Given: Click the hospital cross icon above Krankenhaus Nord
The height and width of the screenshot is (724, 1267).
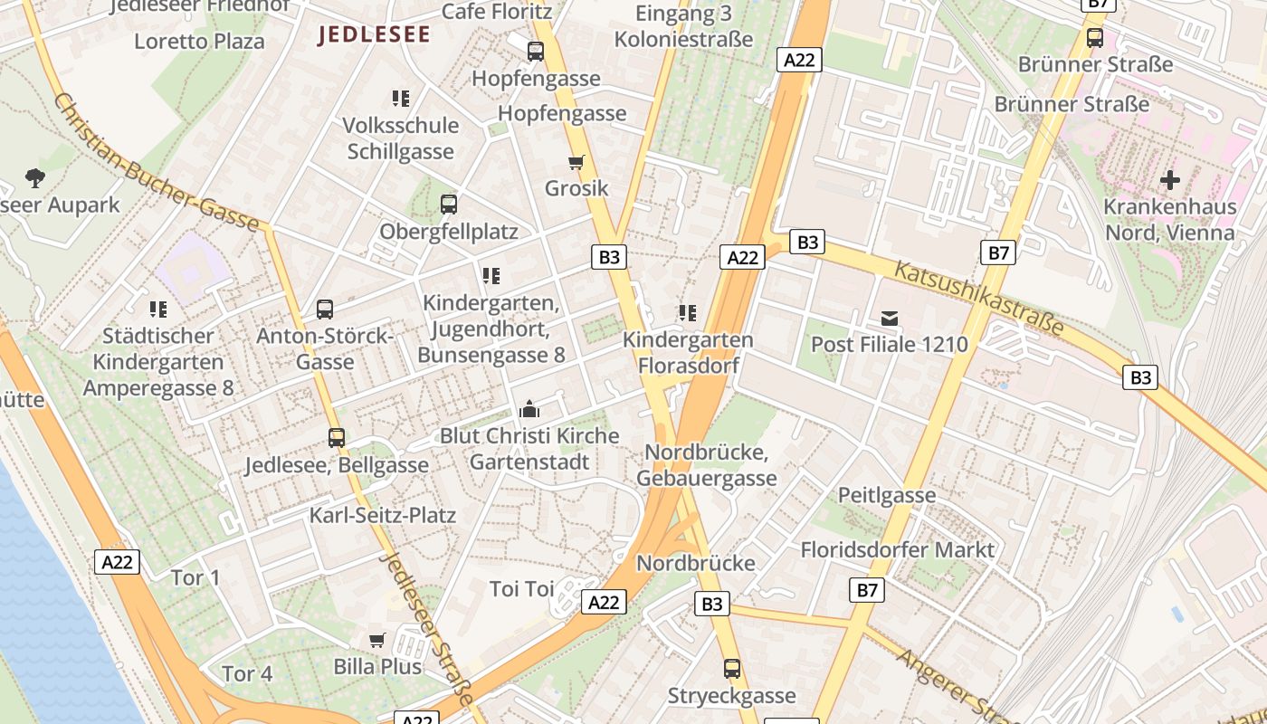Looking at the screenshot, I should point(1170,180).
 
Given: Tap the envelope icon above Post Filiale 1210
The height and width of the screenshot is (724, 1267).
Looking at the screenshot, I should point(890,318).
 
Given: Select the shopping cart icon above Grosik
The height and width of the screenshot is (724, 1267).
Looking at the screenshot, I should point(576,163).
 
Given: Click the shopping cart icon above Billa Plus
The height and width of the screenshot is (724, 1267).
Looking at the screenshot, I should point(377,641).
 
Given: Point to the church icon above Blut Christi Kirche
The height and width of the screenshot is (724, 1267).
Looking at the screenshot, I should point(529,410).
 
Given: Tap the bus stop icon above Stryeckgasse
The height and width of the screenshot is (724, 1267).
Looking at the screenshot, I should point(732,670).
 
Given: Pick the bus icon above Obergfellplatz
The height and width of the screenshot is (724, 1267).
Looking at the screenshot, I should point(449,205).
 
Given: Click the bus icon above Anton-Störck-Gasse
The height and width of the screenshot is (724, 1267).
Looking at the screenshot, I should point(325,310).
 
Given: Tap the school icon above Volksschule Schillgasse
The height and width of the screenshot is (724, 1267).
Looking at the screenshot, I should point(401,98).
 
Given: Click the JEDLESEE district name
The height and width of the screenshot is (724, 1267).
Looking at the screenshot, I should point(374,35).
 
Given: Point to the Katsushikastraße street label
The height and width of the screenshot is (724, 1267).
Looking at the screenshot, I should point(979,298).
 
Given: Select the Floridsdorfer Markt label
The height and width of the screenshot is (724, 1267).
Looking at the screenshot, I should point(897,549).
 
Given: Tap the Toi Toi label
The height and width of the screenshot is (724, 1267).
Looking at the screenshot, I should point(521,589).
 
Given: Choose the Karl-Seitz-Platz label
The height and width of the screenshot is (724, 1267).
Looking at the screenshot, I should point(383,515).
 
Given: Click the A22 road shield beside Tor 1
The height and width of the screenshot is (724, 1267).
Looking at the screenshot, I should point(117,562).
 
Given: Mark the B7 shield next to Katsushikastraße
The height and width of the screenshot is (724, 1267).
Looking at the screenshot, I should point(998,252).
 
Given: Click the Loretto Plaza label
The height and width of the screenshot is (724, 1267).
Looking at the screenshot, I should point(199,42).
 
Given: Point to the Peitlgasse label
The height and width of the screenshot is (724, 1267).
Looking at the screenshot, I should point(886,495).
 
